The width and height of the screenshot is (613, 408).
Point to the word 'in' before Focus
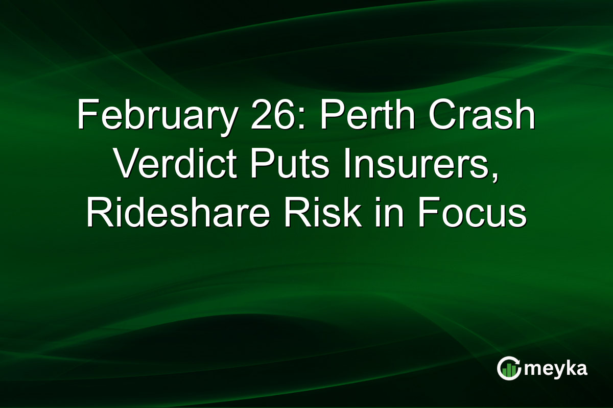[x=385, y=214]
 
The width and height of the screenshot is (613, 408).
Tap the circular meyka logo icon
[x=508, y=368]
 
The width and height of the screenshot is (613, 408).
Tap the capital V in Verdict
[x=126, y=165]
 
